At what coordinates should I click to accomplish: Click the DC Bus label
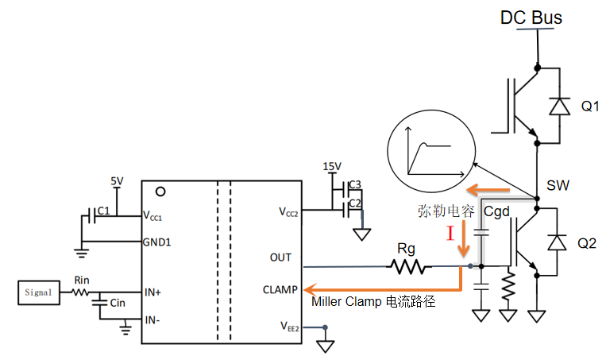pyautogui.click(x=531, y=16)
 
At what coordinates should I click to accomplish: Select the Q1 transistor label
pyautogui.click(x=590, y=106)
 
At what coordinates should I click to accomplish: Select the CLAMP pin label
pyautogui.click(x=280, y=289)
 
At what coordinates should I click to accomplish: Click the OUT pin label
pyautogui.click(x=280, y=257)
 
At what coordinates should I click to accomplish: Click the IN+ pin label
pyautogui.click(x=152, y=292)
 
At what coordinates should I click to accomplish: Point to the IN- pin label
pyautogui.click(x=152, y=320)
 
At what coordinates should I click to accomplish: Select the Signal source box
pyautogui.click(x=37, y=292)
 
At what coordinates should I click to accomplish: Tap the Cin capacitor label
pyautogui.click(x=117, y=303)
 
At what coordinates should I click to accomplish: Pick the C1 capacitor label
pyautogui.click(x=102, y=212)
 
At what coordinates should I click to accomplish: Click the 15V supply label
pyautogui.click(x=332, y=166)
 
